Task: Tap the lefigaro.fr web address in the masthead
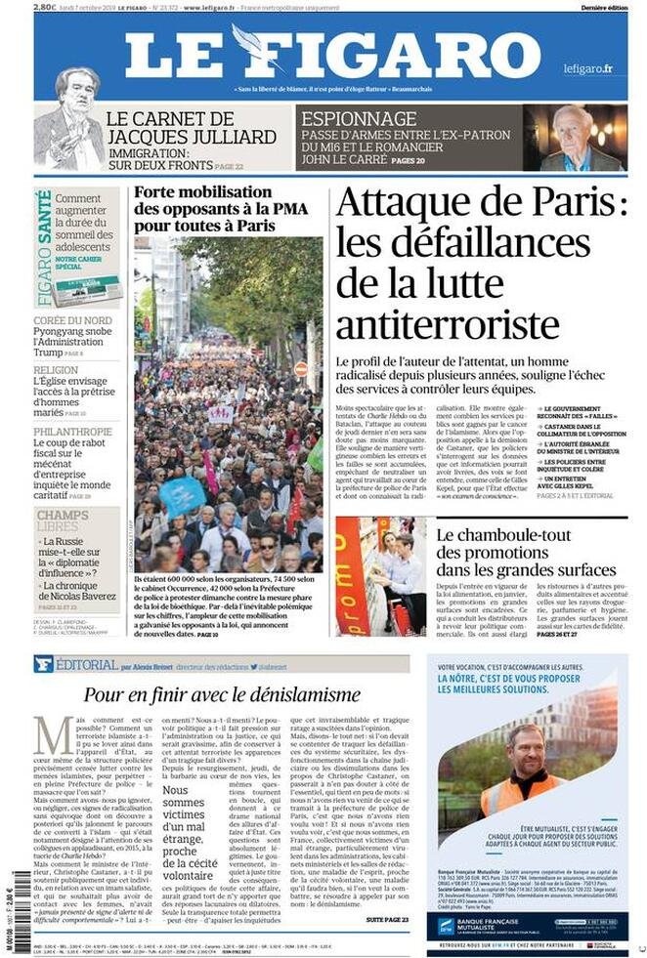coord(587,68)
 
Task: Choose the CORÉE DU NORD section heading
coord(72,319)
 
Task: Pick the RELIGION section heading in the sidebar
coord(56,370)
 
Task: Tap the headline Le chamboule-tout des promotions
coord(526,552)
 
